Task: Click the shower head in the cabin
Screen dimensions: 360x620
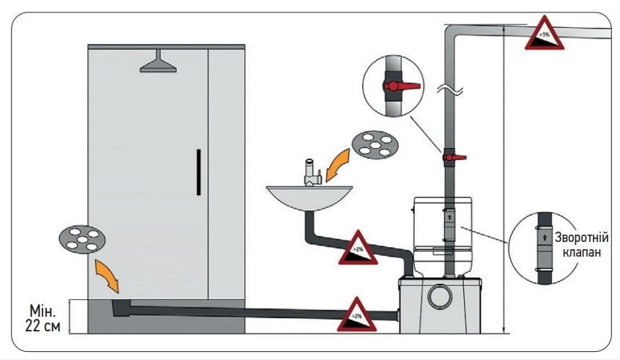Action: pos(159,64)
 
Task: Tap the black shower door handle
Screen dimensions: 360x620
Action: pos(199,172)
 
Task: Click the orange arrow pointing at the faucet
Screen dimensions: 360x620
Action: pos(338,163)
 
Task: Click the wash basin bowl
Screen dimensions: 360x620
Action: pos(309,196)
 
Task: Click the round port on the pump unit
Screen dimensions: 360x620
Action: pos(440,296)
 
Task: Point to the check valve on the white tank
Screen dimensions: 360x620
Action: pos(449,223)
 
